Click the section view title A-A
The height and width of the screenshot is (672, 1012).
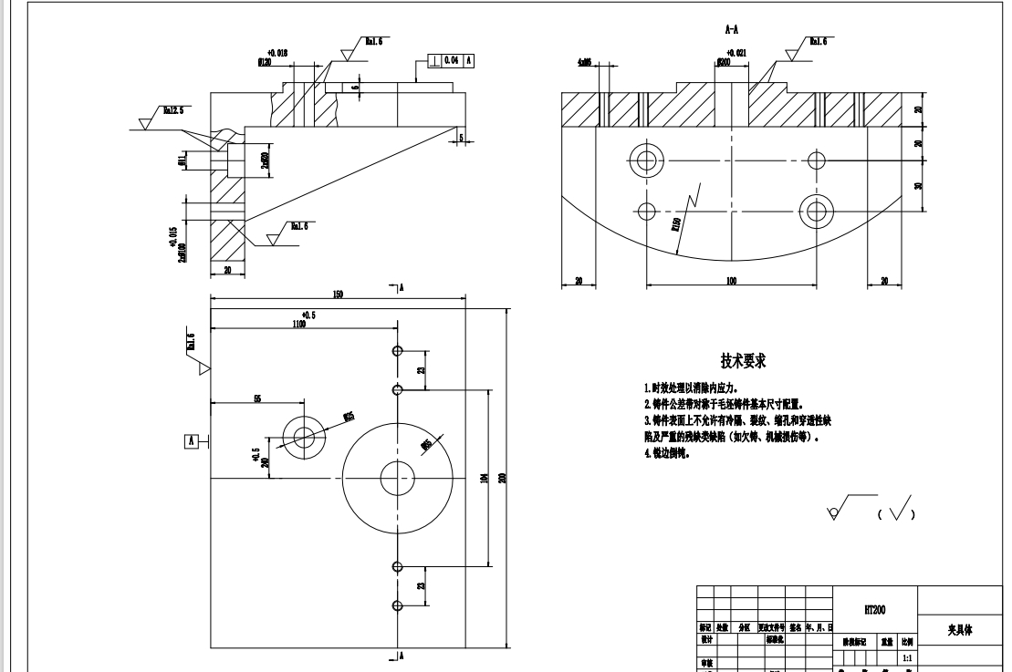731,29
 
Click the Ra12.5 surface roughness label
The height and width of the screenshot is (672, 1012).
172,109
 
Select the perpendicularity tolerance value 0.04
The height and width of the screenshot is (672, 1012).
452,61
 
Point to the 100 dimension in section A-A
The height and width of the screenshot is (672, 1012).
732,281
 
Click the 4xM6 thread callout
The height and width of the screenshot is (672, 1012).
585,64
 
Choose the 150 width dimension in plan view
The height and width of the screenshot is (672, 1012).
338,294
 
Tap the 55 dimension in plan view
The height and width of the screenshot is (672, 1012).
257,398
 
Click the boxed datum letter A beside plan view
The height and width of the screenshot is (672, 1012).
191,440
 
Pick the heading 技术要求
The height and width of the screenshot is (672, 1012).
743,361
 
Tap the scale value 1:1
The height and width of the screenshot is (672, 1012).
906,656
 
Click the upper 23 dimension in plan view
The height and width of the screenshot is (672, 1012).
421,369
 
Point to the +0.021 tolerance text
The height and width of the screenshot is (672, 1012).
736,53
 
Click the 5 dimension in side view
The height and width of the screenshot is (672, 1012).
462,139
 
